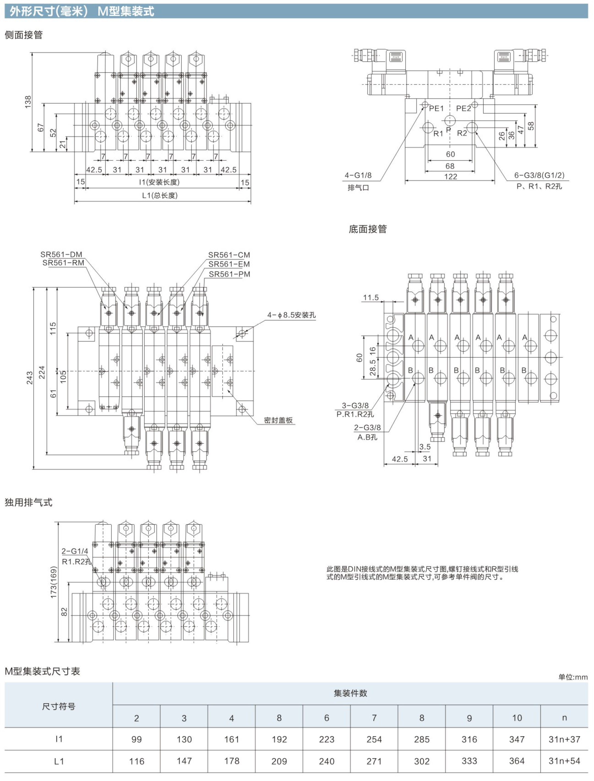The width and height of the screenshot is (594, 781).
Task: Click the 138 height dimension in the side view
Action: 28,102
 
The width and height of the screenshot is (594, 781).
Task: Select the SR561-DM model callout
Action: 61,254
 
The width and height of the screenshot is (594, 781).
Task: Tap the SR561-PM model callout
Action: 229,274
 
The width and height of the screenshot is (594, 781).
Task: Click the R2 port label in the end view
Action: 462,133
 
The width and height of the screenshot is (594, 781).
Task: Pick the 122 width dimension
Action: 450,177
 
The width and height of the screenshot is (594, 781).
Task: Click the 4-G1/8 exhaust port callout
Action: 358,175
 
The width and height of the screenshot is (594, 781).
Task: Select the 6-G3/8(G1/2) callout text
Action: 539,175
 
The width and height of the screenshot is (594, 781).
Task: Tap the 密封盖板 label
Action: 278,420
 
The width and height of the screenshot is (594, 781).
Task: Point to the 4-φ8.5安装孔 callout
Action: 291,315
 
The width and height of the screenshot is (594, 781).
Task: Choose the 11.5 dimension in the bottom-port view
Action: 371,298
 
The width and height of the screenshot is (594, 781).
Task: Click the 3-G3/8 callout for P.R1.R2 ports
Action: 355,405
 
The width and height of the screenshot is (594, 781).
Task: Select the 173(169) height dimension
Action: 54,582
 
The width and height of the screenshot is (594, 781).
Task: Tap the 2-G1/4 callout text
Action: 75,551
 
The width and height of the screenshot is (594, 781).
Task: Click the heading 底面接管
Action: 368,229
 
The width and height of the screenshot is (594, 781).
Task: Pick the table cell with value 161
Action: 232,739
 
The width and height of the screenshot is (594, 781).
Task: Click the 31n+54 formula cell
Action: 564,761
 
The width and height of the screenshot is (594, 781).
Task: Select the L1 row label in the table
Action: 59,761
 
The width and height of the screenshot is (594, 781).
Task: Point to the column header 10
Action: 517,718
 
